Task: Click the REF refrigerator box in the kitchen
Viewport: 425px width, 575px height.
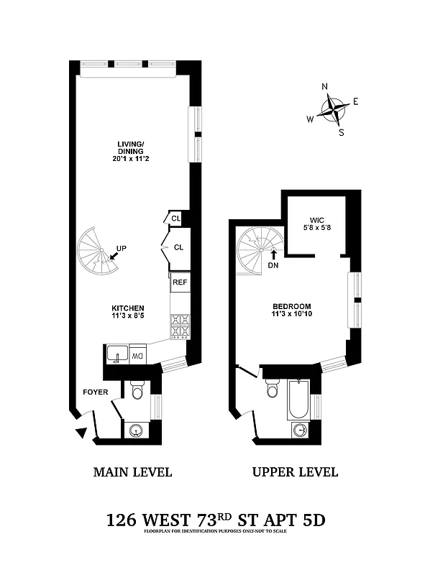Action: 180,282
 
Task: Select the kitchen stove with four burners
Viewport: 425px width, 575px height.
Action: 180,326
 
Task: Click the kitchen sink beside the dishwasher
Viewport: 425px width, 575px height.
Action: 116,354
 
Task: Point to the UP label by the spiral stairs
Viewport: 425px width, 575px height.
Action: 121,249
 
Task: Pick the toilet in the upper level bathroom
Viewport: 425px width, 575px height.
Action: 272,389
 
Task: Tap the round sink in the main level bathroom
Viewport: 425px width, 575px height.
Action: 137,431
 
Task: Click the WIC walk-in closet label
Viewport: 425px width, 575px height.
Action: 317,219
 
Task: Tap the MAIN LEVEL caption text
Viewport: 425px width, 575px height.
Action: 132,472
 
